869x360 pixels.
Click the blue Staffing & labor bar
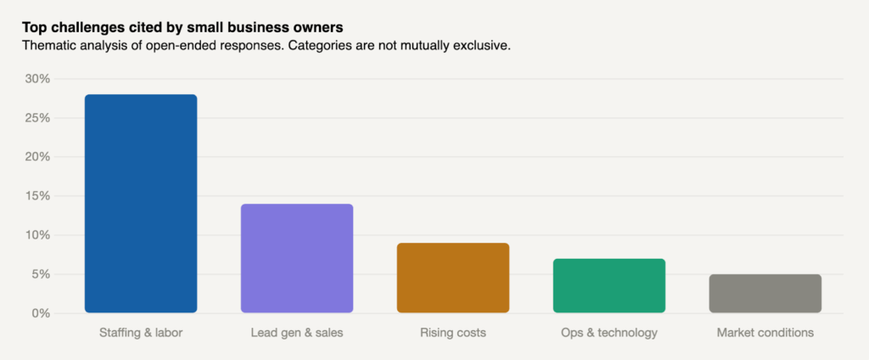(x=141, y=204)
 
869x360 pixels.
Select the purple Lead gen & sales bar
(x=297, y=258)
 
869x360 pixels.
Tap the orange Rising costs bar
(x=453, y=278)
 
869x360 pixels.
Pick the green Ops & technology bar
(x=609, y=286)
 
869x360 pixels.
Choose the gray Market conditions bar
(x=765, y=294)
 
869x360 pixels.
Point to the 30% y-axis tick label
(x=37, y=79)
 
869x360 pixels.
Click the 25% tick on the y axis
(x=37, y=118)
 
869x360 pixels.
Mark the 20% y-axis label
(x=37, y=157)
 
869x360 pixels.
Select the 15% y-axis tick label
(x=37, y=196)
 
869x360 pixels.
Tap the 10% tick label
(x=37, y=235)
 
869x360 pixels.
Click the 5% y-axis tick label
(x=41, y=274)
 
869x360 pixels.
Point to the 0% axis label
(x=41, y=313)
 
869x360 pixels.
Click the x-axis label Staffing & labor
(x=141, y=333)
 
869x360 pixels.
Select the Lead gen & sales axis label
(x=297, y=333)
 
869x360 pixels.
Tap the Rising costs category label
(x=453, y=333)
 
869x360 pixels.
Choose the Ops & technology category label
(x=609, y=333)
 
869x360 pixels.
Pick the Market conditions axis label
(x=765, y=333)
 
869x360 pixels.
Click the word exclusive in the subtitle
(x=481, y=45)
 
